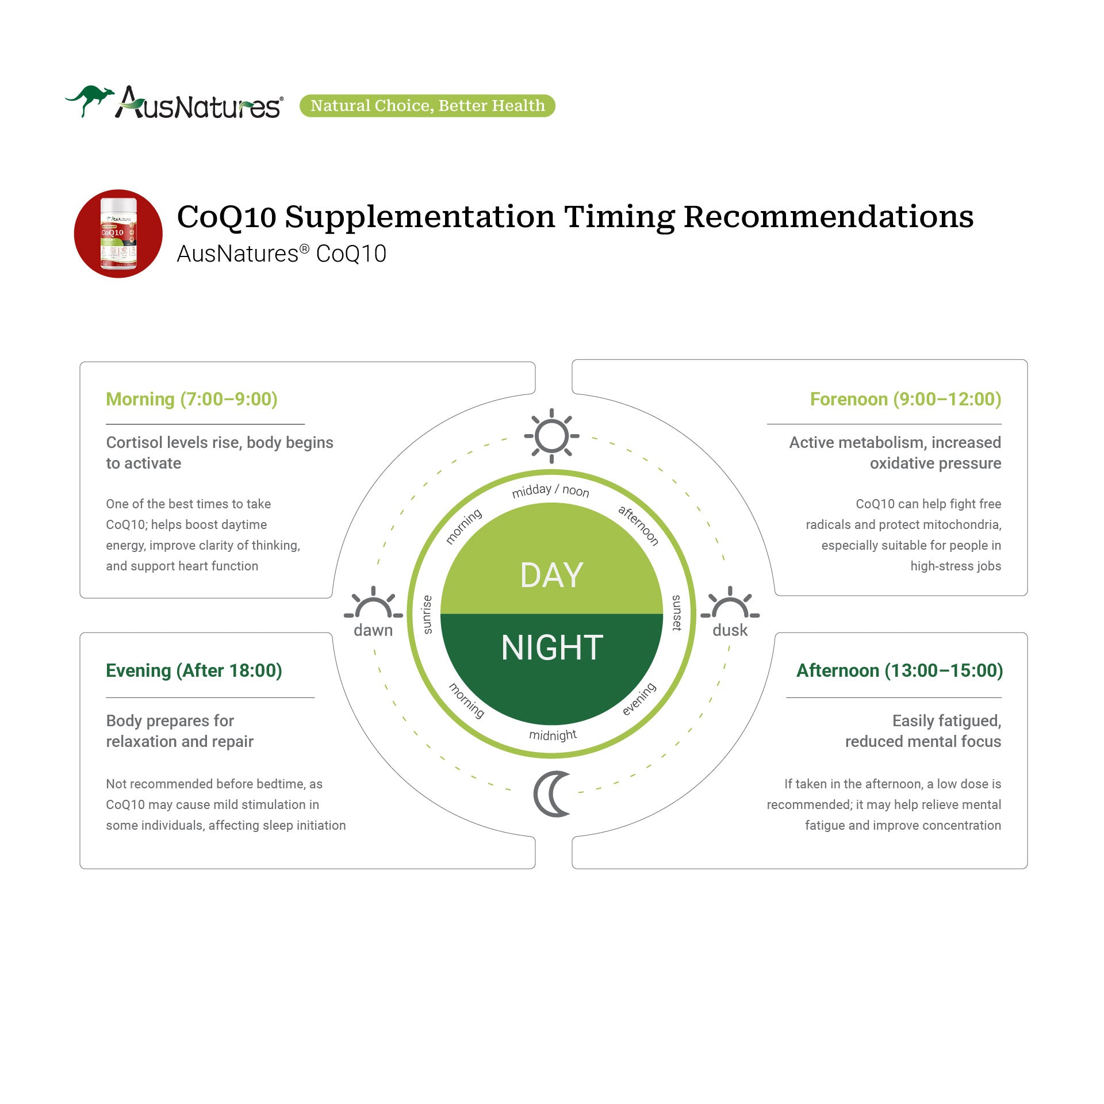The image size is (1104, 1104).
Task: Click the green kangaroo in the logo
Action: (89, 99)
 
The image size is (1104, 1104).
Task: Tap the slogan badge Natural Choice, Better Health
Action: (427, 106)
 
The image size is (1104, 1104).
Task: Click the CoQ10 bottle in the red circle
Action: (118, 233)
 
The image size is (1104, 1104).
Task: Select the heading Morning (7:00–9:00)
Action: (191, 399)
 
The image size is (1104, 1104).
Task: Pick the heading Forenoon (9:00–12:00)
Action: (906, 399)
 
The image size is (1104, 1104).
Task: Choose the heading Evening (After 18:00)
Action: (194, 670)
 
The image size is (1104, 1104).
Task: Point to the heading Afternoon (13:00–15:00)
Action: (899, 670)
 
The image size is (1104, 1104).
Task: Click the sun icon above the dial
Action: (551, 436)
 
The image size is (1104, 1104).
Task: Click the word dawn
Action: (373, 630)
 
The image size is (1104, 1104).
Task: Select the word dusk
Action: (730, 630)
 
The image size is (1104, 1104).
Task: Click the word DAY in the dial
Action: (552, 575)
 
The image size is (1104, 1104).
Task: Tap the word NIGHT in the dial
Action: (552, 647)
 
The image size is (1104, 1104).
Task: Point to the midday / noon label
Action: (551, 490)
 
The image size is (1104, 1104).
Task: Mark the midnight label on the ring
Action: (553, 735)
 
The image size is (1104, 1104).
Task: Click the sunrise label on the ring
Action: (427, 615)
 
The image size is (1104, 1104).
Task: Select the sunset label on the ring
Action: (677, 613)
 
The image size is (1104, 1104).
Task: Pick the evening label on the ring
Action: (639, 699)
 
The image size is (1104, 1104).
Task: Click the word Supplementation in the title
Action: (420, 217)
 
